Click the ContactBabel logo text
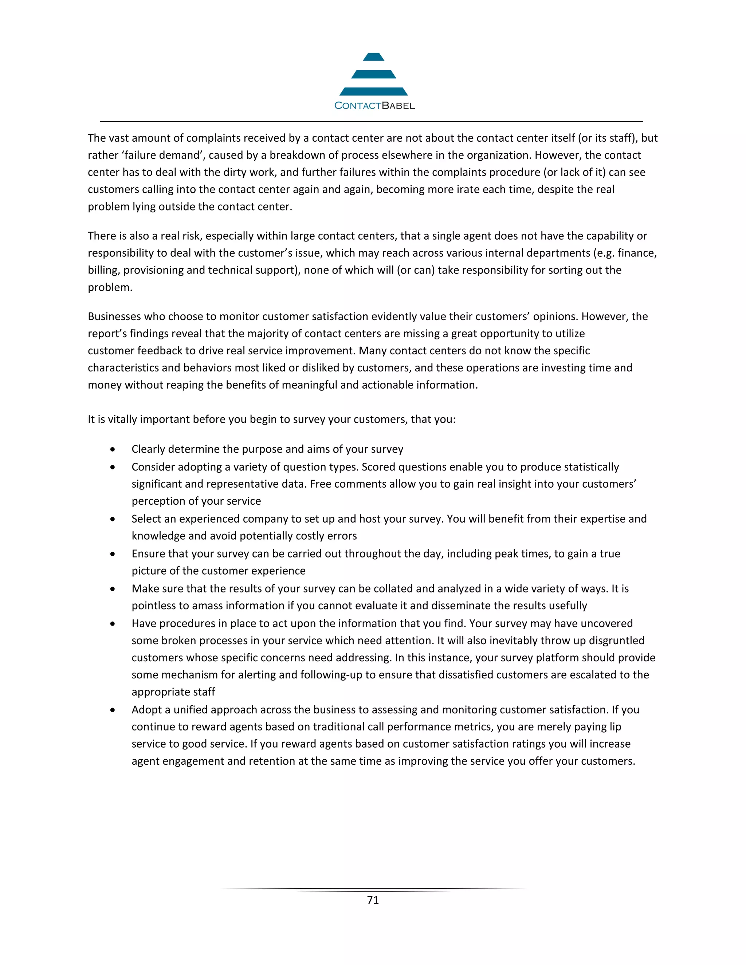tap(374, 106)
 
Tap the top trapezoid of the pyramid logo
tap(373, 57)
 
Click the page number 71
tap(373, 900)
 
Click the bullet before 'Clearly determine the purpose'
tap(113, 449)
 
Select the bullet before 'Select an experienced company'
tap(113, 519)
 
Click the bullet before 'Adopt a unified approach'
tap(113, 710)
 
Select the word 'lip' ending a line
tap(615, 727)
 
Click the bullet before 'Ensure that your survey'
tap(113, 554)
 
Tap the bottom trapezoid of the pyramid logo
tap(373, 91)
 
